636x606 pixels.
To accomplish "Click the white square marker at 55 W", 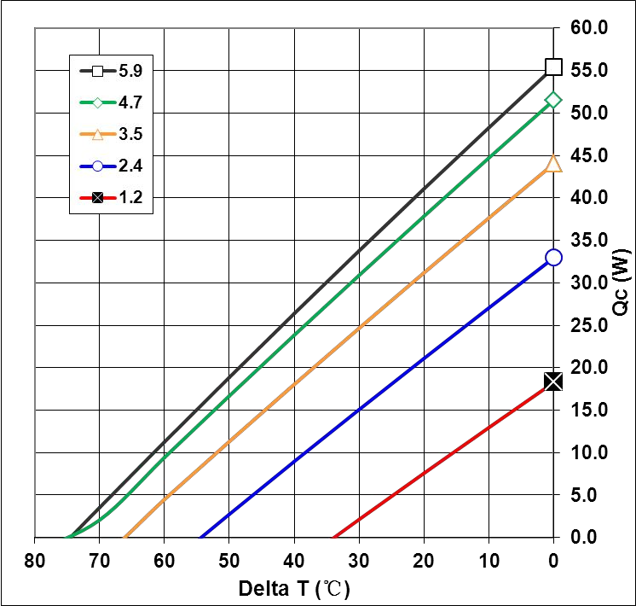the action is [553, 67].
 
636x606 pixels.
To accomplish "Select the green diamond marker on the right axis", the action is [553, 100].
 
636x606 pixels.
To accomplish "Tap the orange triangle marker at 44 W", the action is [553, 164].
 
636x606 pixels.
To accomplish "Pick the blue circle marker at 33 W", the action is [553, 258].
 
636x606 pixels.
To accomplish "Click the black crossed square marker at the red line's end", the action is [553, 382].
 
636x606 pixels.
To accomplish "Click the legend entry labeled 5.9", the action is [111, 71].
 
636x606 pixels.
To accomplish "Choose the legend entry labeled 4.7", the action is [111, 102].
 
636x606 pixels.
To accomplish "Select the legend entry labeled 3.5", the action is [111, 134].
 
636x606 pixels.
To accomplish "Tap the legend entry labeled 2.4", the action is [111, 166].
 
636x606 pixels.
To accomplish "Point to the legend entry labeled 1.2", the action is [111, 197].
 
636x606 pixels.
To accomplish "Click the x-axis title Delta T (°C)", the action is [294, 589].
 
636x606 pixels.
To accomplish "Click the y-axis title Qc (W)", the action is [622, 283].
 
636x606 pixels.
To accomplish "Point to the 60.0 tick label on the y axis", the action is [589, 27].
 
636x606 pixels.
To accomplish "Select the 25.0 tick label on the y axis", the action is [589, 325].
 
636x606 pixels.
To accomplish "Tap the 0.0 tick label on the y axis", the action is [584, 538].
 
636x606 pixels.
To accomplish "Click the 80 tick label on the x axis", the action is [34, 561].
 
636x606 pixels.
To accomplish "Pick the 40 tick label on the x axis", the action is [294, 561].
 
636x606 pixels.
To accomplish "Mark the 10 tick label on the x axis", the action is [489, 561].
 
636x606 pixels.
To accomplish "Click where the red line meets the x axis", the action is [335, 537].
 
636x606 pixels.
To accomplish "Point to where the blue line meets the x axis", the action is [201, 537].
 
